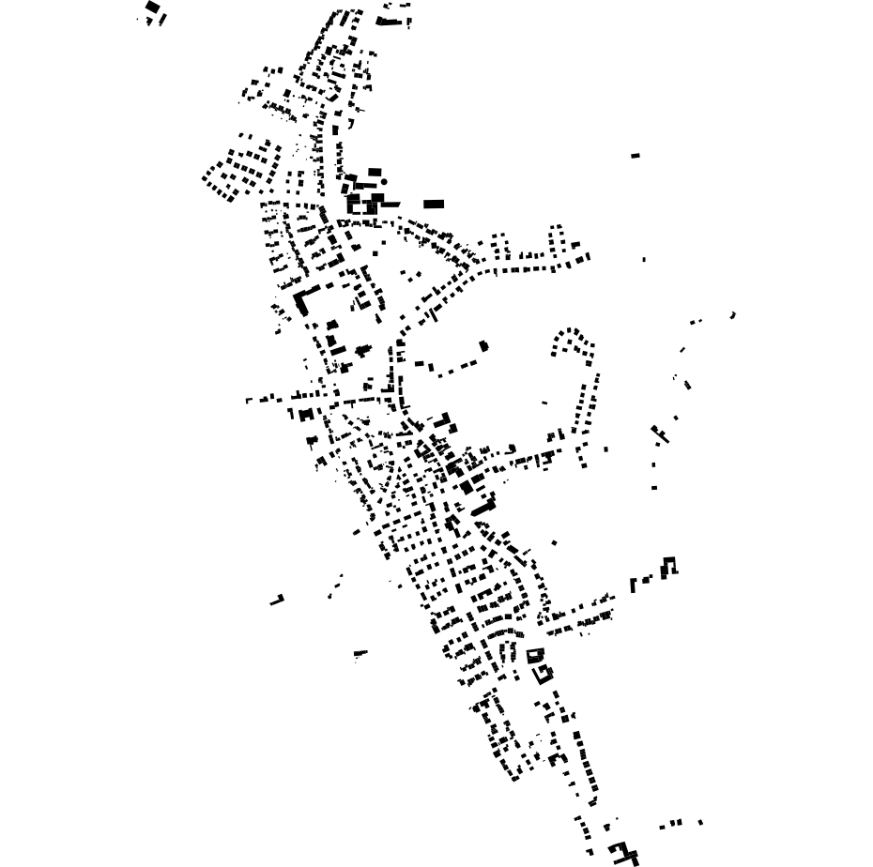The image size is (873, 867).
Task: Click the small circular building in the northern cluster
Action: click(384, 181)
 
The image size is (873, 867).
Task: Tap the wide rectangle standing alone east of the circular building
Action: click(433, 204)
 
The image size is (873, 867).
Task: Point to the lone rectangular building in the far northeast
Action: click(636, 155)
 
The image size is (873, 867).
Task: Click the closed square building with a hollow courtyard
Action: click(535, 655)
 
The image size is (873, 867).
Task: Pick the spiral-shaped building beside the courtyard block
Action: click(544, 673)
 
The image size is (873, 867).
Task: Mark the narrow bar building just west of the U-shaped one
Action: click(634, 585)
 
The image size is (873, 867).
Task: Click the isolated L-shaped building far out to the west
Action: click(277, 599)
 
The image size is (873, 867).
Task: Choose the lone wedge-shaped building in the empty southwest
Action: click(360, 653)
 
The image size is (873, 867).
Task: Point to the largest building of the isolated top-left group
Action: click(152, 8)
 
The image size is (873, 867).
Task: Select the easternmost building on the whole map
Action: click(733, 315)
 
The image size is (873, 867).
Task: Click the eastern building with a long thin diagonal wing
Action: click(661, 434)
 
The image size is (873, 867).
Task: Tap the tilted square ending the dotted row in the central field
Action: click(483, 346)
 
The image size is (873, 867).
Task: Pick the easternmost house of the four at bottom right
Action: click(701, 822)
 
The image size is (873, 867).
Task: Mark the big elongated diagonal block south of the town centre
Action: click(482, 508)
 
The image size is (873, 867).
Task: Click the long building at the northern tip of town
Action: click(388, 20)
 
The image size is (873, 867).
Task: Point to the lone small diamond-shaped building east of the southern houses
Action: click(554, 542)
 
